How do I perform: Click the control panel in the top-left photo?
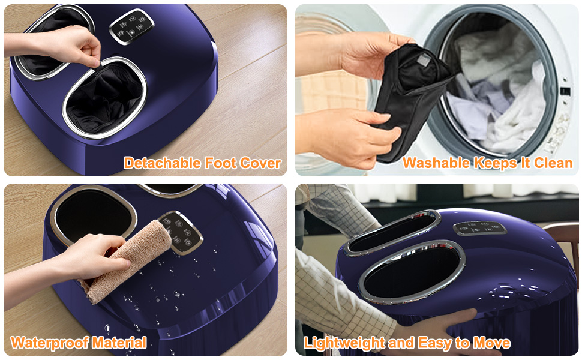tap(131, 26)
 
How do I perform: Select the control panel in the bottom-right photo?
tap(479, 228)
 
